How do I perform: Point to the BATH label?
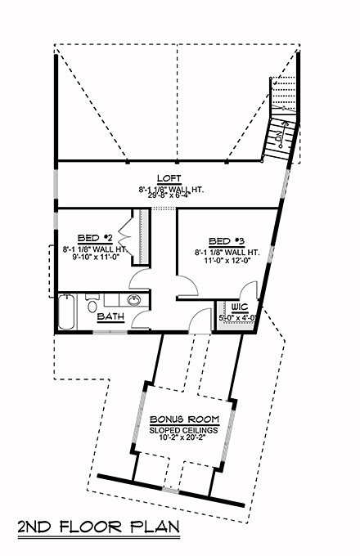click(x=110, y=316)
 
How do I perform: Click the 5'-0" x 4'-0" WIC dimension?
click(x=238, y=317)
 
